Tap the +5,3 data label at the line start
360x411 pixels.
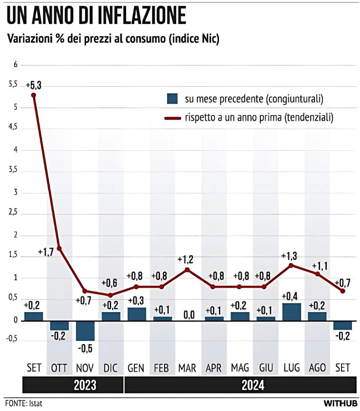coord(34,86)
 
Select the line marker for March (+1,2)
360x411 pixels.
coord(188,270)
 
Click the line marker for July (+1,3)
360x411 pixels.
coord(291,265)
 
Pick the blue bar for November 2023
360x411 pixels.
coord(85,331)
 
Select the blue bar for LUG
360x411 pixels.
coord(292,312)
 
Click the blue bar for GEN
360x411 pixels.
coord(136,314)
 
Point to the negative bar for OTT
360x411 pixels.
coord(59,325)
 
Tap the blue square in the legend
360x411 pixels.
coord(172,99)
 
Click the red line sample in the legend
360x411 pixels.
coord(173,118)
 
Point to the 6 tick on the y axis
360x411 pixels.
coord(15,65)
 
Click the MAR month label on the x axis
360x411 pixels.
coord(187,368)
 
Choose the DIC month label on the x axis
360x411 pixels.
coord(110,368)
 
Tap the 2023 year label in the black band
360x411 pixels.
coord(85,385)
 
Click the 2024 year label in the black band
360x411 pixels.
coord(253,385)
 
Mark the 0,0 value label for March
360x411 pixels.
coord(189,315)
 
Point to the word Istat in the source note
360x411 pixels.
coord(36,403)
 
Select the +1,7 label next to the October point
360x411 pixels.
coord(46,252)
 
